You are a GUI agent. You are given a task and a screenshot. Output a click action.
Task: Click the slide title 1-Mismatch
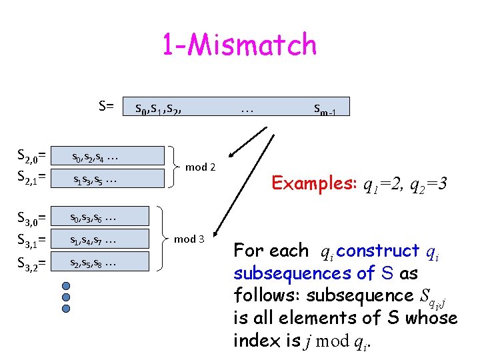point(239,45)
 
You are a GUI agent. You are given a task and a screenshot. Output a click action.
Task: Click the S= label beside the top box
point(106,105)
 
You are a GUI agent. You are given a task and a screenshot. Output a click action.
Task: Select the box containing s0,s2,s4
point(108,156)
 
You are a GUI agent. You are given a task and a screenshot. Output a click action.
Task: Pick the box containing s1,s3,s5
point(108,179)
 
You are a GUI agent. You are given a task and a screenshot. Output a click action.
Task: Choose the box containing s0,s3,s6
point(108,217)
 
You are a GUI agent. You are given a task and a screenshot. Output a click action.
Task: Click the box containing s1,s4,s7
point(108,239)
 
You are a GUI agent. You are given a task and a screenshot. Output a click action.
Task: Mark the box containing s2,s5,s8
point(108,262)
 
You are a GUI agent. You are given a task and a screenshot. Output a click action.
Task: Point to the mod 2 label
point(200,167)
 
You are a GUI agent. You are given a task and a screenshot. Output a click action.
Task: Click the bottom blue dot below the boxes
point(65,309)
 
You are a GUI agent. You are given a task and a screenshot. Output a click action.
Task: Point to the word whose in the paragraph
point(426,318)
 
